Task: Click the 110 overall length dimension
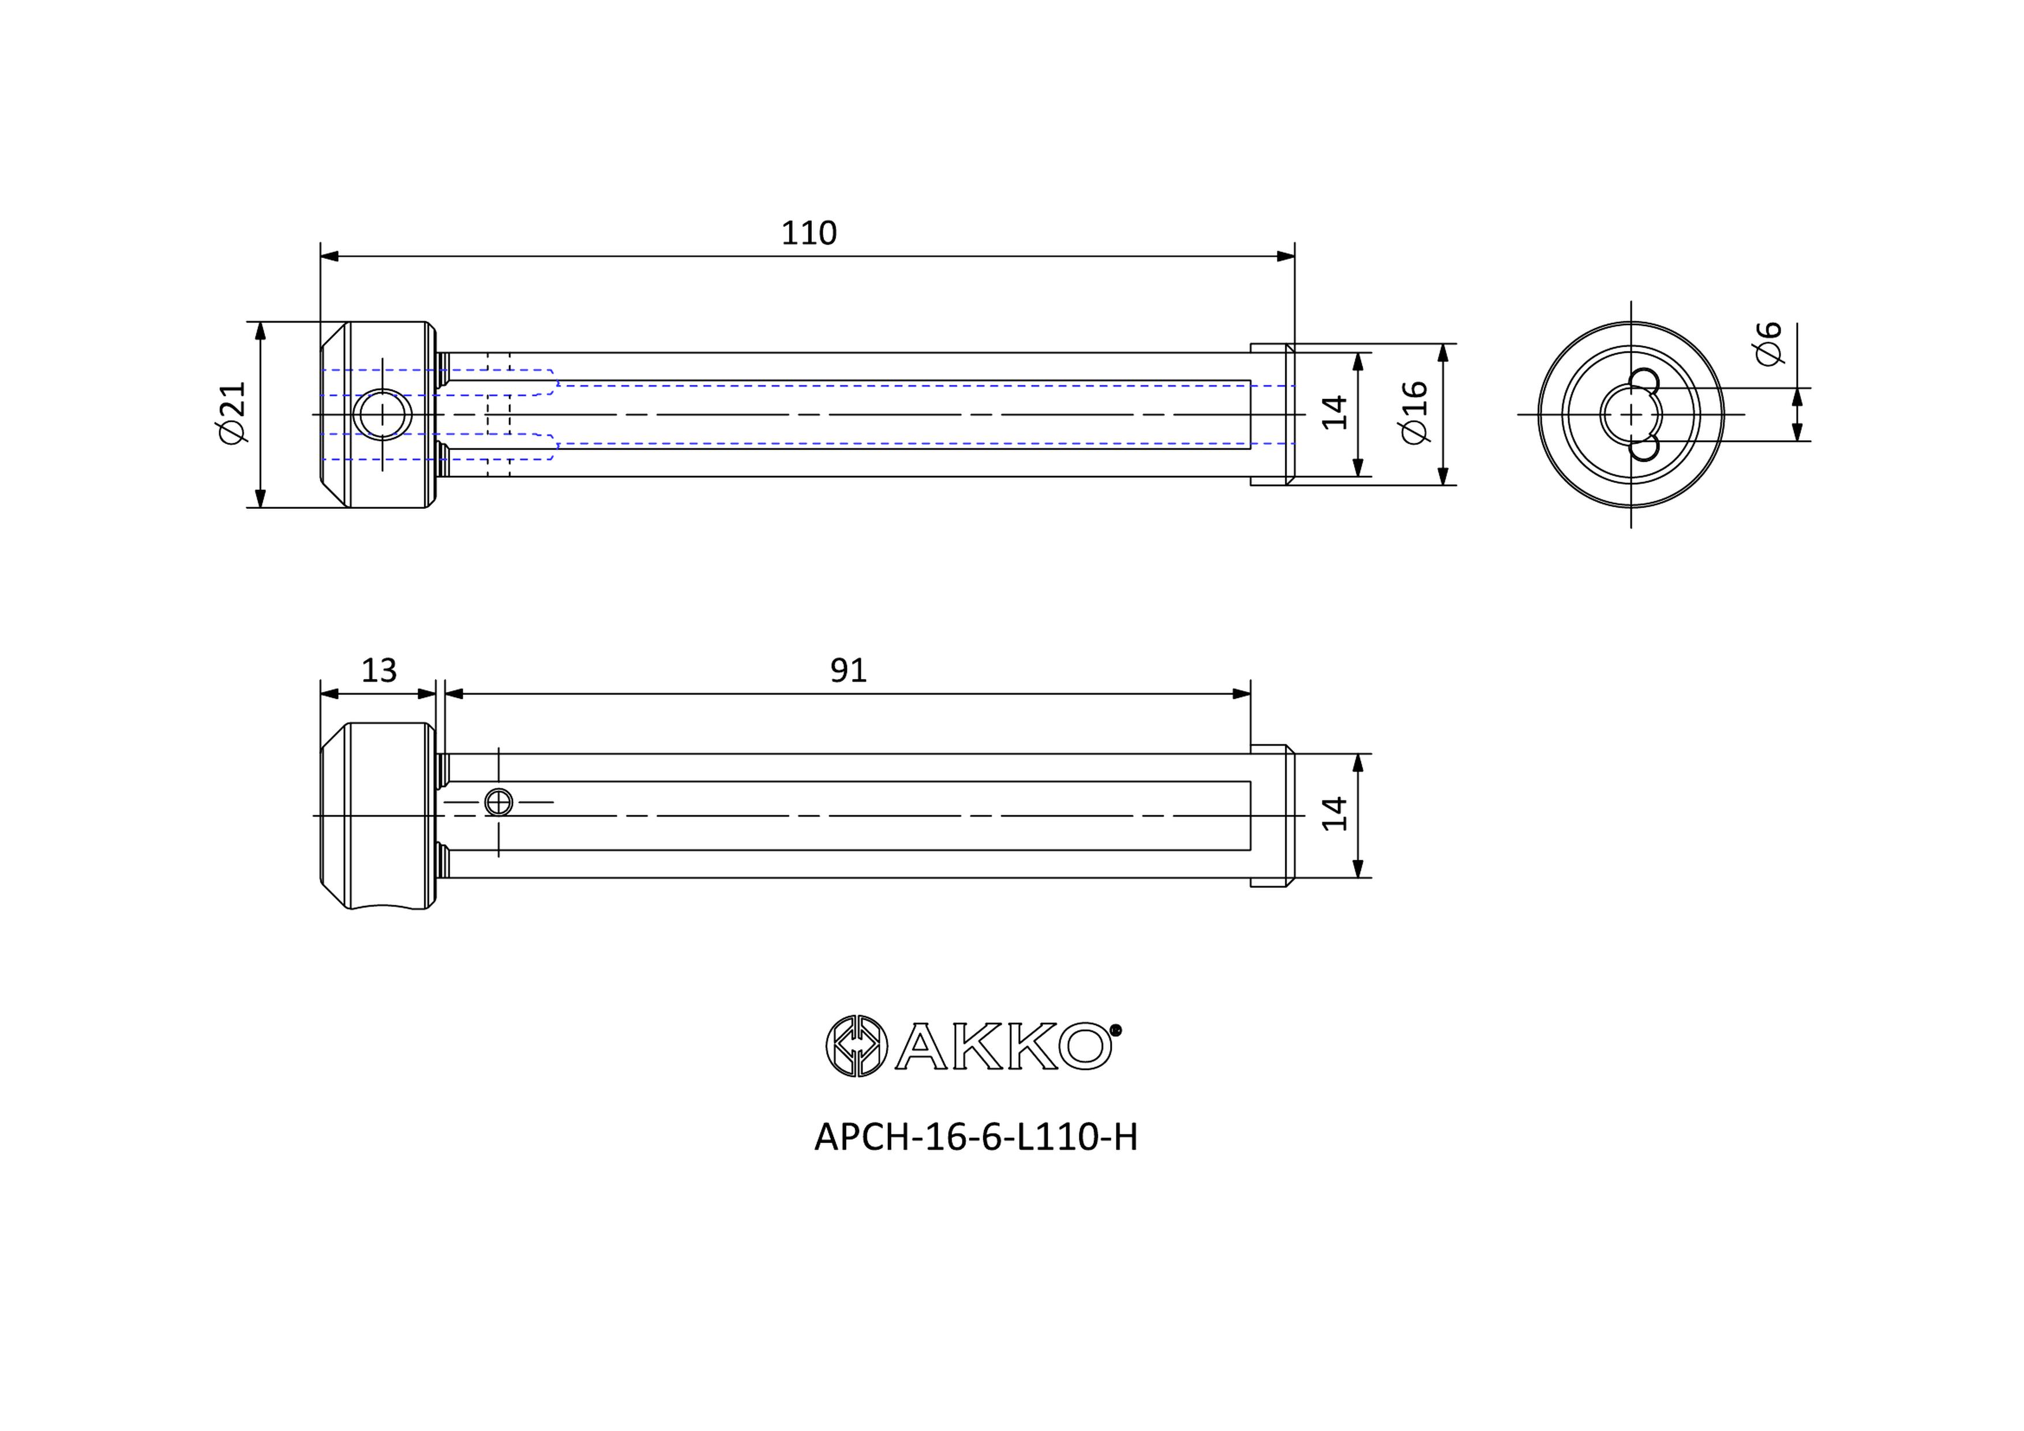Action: [x=808, y=233]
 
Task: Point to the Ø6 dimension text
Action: [x=1768, y=343]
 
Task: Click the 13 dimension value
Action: [x=379, y=671]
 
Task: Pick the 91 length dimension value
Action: [x=848, y=671]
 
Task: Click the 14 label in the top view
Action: [x=1336, y=413]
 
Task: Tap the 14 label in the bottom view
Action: [x=1336, y=814]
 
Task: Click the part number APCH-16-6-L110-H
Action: [x=976, y=1137]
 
